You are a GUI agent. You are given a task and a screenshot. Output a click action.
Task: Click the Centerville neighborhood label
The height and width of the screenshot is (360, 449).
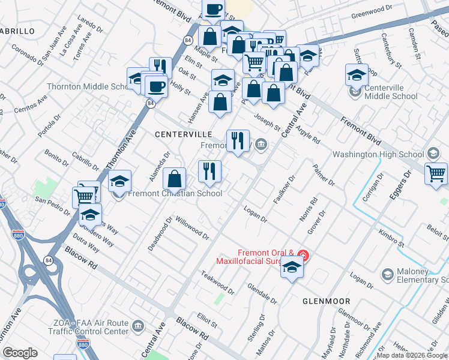coord(183,134)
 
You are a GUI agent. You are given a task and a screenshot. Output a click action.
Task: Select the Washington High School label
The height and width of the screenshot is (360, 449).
coord(378,154)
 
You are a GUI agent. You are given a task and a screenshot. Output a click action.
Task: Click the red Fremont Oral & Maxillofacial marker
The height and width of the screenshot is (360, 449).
coord(304,257)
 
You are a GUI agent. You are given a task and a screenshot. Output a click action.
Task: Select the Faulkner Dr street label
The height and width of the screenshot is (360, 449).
coord(285,190)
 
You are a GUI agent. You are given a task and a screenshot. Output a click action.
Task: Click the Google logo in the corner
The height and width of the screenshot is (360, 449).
coord(20,353)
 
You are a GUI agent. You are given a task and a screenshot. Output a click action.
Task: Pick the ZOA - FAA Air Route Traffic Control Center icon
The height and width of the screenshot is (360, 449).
coord(138,327)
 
